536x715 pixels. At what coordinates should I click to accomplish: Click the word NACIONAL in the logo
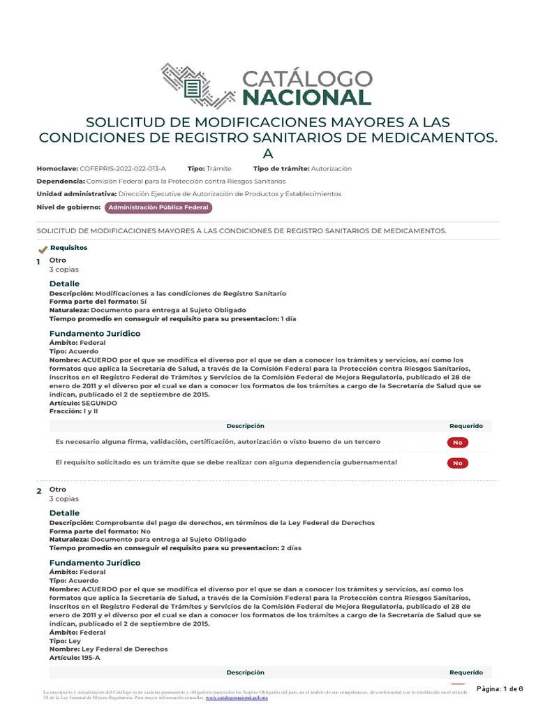[x=307, y=97]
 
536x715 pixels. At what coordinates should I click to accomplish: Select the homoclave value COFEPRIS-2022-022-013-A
[x=123, y=169]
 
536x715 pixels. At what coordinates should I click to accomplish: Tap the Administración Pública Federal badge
[x=158, y=207]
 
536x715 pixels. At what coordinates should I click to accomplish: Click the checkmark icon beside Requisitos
[x=43, y=249]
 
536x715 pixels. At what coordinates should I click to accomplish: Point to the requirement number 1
[x=39, y=261]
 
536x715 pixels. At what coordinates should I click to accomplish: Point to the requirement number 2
[x=39, y=492]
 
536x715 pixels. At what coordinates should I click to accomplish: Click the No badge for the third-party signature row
[x=457, y=442]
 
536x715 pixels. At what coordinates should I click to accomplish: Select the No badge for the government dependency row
[x=457, y=462]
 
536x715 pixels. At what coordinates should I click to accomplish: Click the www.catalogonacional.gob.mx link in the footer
[x=237, y=698]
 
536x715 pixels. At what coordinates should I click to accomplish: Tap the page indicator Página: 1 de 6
[x=500, y=689]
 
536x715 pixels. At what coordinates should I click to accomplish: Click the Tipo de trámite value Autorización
[x=332, y=169]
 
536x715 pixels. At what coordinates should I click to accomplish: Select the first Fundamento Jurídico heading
[x=95, y=333]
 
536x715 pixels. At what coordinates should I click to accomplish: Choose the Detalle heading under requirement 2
[x=64, y=513]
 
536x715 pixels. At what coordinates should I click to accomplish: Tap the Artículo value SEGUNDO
[x=99, y=403]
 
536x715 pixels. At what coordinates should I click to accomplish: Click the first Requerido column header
[x=466, y=426]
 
